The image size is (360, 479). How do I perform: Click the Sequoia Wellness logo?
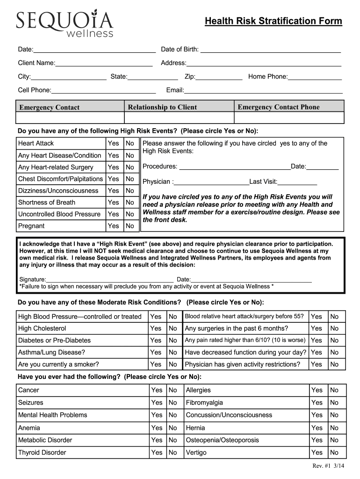click(x=65, y=23)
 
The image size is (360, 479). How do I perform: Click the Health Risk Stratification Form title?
click(x=274, y=22)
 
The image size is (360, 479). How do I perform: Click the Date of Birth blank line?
click(x=270, y=50)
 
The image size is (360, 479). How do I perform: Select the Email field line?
click(x=263, y=91)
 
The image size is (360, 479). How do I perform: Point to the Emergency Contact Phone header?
click(x=279, y=107)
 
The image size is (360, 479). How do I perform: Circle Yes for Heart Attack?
click(x=114, y=144)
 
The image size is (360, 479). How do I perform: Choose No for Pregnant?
click(x=130, y=226)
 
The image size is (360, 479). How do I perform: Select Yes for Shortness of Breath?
click(x=114, y=203)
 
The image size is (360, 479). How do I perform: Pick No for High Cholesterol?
click(x=173, y=329)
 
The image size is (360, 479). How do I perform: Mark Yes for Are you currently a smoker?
click(x=156, y=364)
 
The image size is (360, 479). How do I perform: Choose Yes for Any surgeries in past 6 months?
click(x=317, y=329)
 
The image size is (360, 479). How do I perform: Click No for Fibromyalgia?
click(x=334, y=403)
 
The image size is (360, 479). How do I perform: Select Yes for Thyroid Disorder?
click(x=157, y=452)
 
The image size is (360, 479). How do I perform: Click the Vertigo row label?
click(x=196, y=452)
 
